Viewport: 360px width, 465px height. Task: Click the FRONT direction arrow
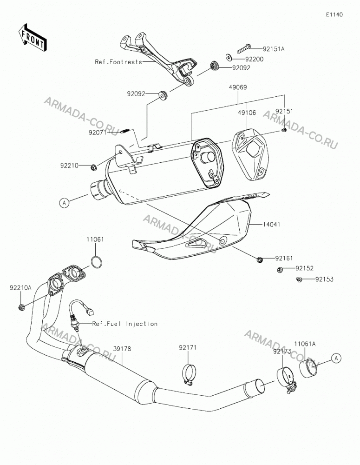click(32, 37)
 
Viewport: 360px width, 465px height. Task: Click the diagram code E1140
click(334, 14)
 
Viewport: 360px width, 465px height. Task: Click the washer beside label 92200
click(229, 57)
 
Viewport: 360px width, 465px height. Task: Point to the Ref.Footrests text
click(118, 62)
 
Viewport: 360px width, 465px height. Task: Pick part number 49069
click(238, 87)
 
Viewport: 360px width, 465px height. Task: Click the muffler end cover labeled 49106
click(251, 153)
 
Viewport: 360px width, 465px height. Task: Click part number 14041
click(271, 225)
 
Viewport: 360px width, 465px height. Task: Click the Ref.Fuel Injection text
click(125, 324)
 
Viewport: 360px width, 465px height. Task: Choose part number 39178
click(122, 349)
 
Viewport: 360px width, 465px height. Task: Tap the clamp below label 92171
click(189, 375)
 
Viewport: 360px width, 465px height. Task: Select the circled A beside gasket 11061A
click(336, 358)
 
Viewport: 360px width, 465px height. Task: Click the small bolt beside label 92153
click(299, 279)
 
